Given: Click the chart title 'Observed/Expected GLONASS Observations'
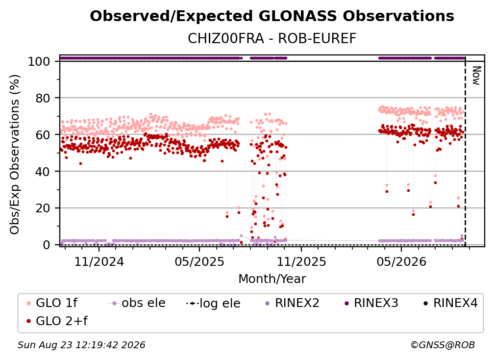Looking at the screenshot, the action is (272, 16).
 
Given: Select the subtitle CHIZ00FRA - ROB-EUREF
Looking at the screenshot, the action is (272, 39).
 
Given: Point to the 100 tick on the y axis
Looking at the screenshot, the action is (39, 61).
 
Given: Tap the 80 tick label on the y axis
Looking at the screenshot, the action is (43, 98).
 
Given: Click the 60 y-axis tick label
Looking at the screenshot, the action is (43, 134).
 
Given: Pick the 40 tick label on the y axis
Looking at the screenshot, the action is (43, 172).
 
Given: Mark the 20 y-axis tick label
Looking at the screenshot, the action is (43, 208).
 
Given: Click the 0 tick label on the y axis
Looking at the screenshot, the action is (47, 245).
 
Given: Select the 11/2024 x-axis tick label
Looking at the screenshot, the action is (99, 261).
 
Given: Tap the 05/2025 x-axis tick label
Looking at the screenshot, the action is (199, 261).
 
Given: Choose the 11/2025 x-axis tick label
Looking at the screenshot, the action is (301, 261).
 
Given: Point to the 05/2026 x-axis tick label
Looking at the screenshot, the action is (401, 261).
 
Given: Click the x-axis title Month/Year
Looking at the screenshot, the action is (272, 279).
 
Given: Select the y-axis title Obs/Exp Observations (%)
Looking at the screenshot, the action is (15, 154).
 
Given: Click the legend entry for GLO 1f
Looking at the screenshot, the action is (52, 303).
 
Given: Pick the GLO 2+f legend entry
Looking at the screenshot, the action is (57, 321).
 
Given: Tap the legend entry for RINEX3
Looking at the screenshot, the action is (371, 303).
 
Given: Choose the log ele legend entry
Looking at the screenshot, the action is (213, 303).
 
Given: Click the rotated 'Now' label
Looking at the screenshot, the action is (476, 76).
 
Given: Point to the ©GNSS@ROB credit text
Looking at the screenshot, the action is (443, 345).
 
